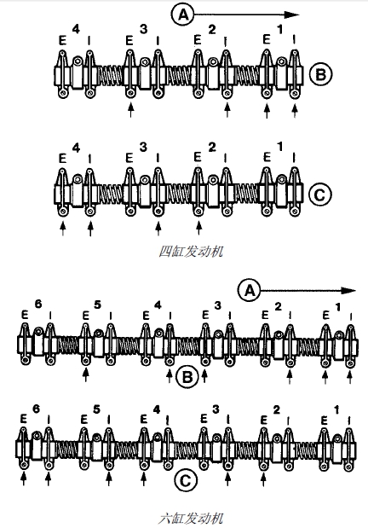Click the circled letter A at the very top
[x=182, y=15]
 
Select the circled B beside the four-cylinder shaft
[x=320, y=74]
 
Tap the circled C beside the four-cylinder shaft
[x=320, y=194]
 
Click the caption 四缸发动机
[x=191, y=251]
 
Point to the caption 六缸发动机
[x=191, y=518]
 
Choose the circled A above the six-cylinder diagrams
[x=250, y=290]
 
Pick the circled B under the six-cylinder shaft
[x=187, y=376]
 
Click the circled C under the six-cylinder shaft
[x=186, y=480]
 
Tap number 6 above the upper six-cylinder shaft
[x=38, y=304]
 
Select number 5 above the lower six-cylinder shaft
[x=96, y=409]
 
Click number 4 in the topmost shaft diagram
[x=77, y=29]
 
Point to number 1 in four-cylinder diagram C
[x=280, y=148]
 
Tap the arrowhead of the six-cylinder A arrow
[x=348, y=291]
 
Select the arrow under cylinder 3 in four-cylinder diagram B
[x=130, y=110]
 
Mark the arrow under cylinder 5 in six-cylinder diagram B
[x=86, y=374]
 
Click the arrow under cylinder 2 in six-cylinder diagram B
[x=290, y=377]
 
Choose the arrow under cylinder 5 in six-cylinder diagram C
[x=109, y=479]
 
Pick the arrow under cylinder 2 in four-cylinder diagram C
[x=198, y=228]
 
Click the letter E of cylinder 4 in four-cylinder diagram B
[x=62, y=41]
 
